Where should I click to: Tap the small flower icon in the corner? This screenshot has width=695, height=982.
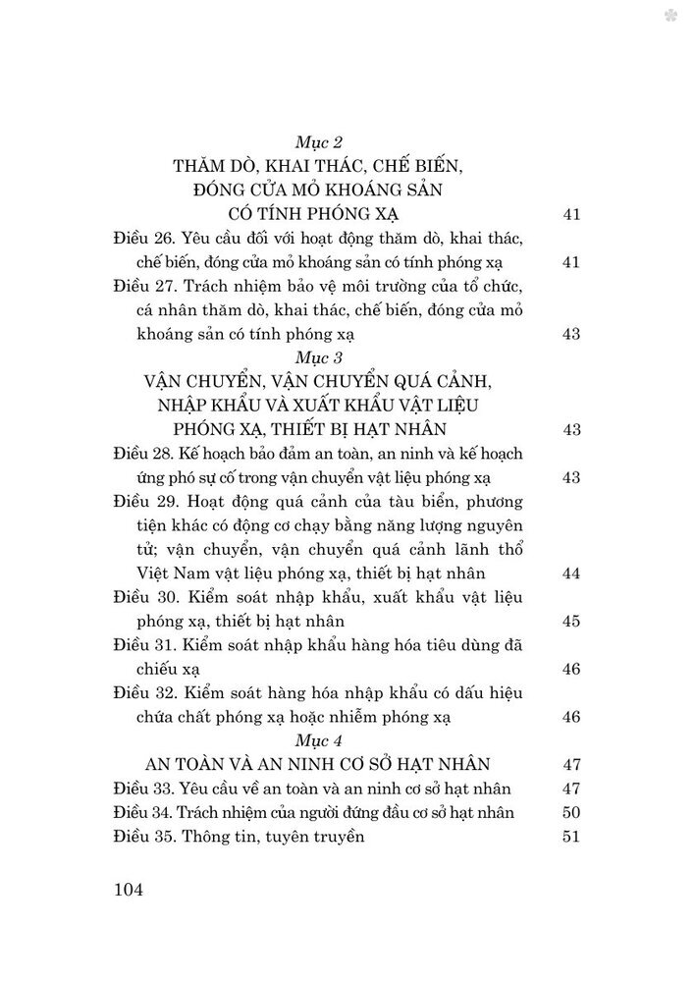pos(669,15)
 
